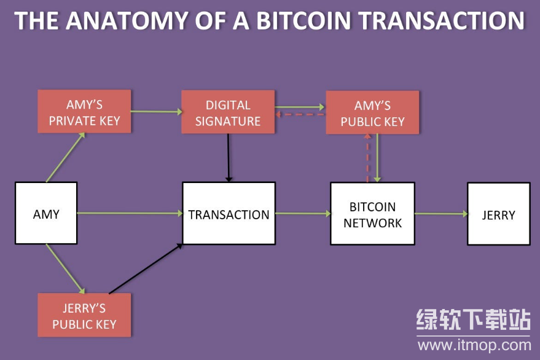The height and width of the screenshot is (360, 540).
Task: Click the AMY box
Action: pos(46,213)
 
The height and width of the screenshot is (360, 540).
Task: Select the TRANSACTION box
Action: pos(229,214)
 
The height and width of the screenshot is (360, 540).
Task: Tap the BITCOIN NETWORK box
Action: pos(372,214)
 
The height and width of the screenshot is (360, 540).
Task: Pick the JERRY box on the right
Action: pos(498,214)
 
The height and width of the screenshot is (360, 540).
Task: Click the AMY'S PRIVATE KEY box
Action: pos(84,112)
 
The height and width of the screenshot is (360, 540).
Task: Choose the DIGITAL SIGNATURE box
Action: pos(228,112)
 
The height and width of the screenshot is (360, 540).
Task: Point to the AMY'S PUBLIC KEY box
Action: pos(372,112)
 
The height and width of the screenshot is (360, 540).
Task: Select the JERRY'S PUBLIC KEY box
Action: pos(84,315)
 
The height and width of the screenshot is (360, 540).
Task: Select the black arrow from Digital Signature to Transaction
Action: pos(229,157)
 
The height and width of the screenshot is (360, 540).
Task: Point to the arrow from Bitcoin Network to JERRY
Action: pos(440,214)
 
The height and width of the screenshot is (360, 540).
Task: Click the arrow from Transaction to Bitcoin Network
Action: pos(303,214)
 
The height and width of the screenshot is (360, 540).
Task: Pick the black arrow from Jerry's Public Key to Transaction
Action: pos(146,268)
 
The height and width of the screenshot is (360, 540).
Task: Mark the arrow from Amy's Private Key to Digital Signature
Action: pos(157,112)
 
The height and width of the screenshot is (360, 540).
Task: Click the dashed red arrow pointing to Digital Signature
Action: pos(300,115)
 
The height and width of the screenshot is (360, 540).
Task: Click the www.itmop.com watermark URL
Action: pos(474,345)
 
